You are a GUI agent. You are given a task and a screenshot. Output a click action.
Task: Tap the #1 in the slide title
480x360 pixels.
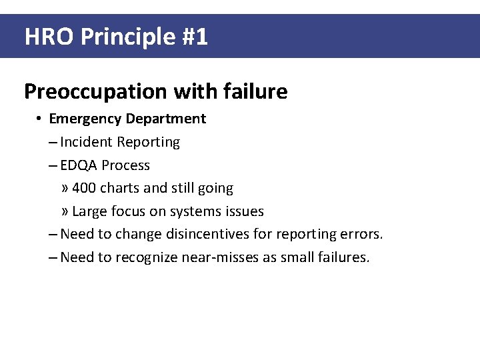195,37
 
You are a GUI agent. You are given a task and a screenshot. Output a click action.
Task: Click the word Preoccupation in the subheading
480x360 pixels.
94,91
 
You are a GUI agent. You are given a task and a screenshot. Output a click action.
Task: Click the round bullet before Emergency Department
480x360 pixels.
40,119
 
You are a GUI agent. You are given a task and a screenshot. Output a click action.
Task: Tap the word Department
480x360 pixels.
166,119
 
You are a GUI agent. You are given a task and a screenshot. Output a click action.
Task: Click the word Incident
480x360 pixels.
87,142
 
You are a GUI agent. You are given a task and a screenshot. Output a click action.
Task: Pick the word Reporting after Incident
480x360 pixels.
149,142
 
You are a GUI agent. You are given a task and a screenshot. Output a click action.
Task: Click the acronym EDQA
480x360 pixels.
79,165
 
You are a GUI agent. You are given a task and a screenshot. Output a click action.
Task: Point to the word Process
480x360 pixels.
126,165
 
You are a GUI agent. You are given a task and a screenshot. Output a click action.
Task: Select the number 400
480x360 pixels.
83,188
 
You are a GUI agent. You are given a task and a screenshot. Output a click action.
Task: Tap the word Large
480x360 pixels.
87,211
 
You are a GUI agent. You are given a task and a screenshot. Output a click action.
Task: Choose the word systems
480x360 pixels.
194,211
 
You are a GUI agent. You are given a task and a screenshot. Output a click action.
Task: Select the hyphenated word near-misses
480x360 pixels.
219,257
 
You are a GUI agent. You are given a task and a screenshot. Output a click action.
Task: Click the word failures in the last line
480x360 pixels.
343,257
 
